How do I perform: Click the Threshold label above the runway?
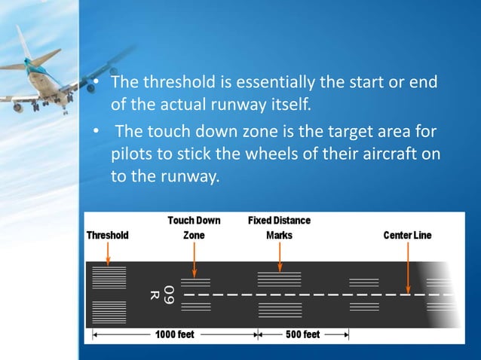(x=107, y=235)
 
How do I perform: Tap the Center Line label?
(x=407, y=235)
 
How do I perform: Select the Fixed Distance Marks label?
(x=279, y=228)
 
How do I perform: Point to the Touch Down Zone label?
(x=194, y=228)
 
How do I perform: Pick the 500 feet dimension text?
(x=302, y=334)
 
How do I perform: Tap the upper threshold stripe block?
(x=109, y=277)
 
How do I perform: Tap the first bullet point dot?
(x=97, y=81)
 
